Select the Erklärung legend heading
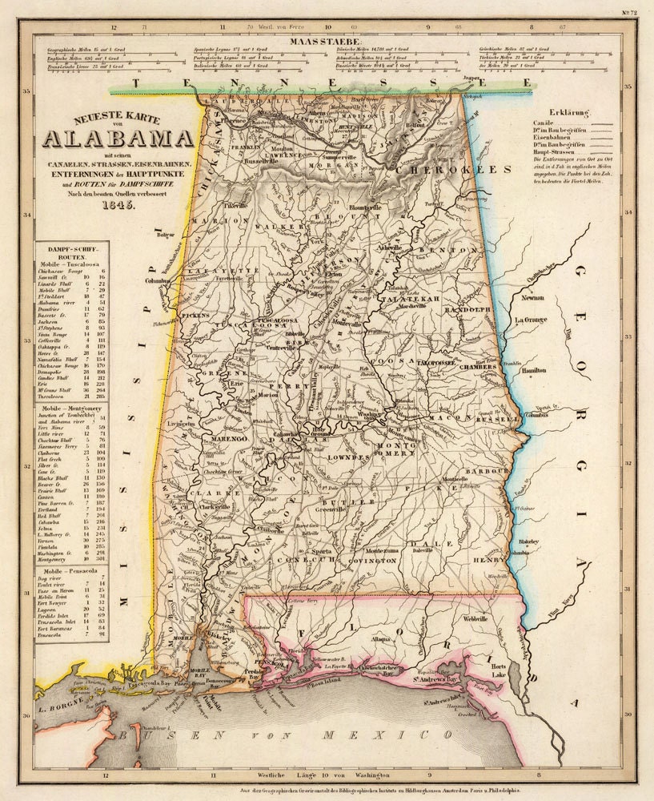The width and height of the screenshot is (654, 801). pyautogui.click(x=569, y=113)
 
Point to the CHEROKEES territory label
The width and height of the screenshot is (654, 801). pyautogui.click(x=465, y=170)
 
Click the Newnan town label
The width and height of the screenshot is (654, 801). pyautogui.click(x=534, y=298)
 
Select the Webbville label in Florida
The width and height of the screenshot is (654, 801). pyautogui.click(x=474, y=619)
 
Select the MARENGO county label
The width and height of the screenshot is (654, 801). pyautogui.click(x=232, y=440)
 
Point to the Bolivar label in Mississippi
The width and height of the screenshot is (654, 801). pyautogui.click(x=165, y=235)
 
